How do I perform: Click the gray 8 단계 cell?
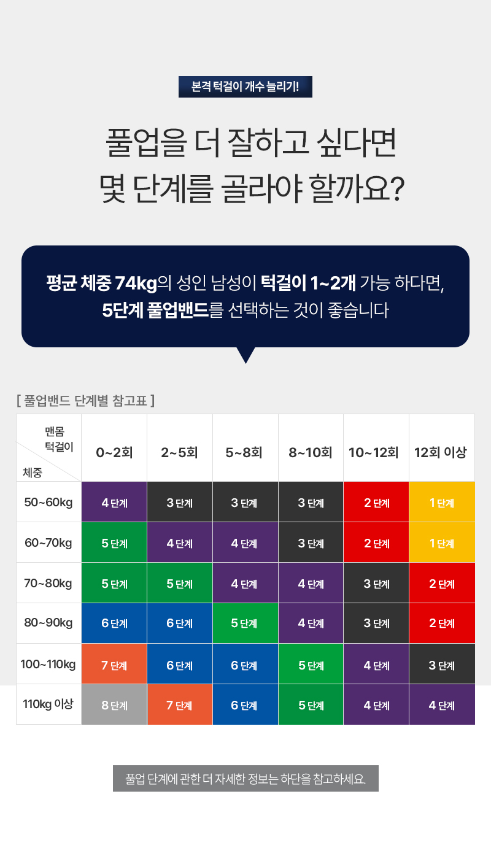[114, 704]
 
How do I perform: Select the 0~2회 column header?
[114, 453]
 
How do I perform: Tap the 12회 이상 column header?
[441, 453]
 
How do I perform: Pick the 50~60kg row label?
[48, 502]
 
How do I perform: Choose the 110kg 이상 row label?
[48, 704]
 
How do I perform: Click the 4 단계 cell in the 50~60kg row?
[114, 503]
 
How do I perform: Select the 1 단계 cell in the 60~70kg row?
[442, 543]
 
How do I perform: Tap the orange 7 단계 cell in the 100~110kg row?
[114, 665]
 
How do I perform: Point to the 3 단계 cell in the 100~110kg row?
[442, 665]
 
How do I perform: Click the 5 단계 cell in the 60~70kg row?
[114, 543]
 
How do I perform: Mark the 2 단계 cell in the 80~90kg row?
[442, 623]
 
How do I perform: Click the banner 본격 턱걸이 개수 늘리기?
[245, 87]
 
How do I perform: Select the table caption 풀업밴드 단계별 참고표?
[85, 401]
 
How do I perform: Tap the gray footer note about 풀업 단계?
[245, 779]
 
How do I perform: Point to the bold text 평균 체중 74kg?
[102, 283]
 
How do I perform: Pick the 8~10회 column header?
[311, 453]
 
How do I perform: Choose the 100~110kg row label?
[48, 664]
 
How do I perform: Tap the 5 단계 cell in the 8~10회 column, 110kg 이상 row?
[311, 704]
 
